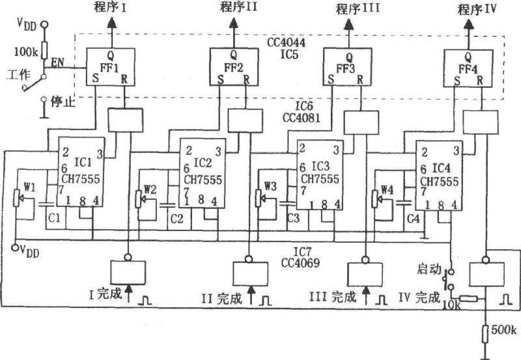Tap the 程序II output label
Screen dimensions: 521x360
click(x=238, y=7)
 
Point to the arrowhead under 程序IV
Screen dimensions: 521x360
click(x=469, y=25)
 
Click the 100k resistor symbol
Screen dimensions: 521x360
click(x=44, y=50)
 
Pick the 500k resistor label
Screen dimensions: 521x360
click(x=504, y=330)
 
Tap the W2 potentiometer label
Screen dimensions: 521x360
click(x=150, y=189)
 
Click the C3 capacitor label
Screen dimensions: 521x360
click(x=294, y=218)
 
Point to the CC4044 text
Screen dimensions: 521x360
click(x=286, y=42)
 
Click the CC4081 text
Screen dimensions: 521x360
click(x=302, y=118)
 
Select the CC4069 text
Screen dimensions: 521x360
click(x=300, y=263)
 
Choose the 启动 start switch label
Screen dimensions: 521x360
click(x=429, y=269)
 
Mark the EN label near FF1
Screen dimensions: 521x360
click(x=58, y=62)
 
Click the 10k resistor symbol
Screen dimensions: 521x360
click(x=468, y=299)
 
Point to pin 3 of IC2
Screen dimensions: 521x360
click(x=218, y=152)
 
